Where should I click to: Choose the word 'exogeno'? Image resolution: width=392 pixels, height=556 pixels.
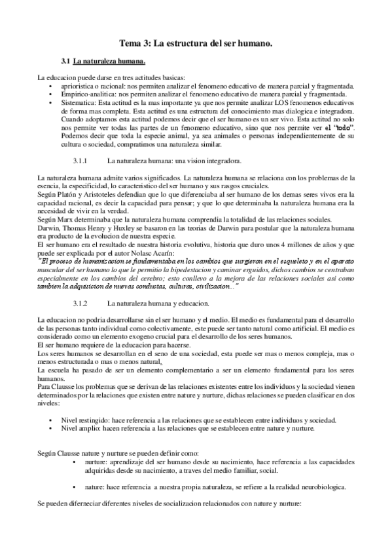coord(106,335)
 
